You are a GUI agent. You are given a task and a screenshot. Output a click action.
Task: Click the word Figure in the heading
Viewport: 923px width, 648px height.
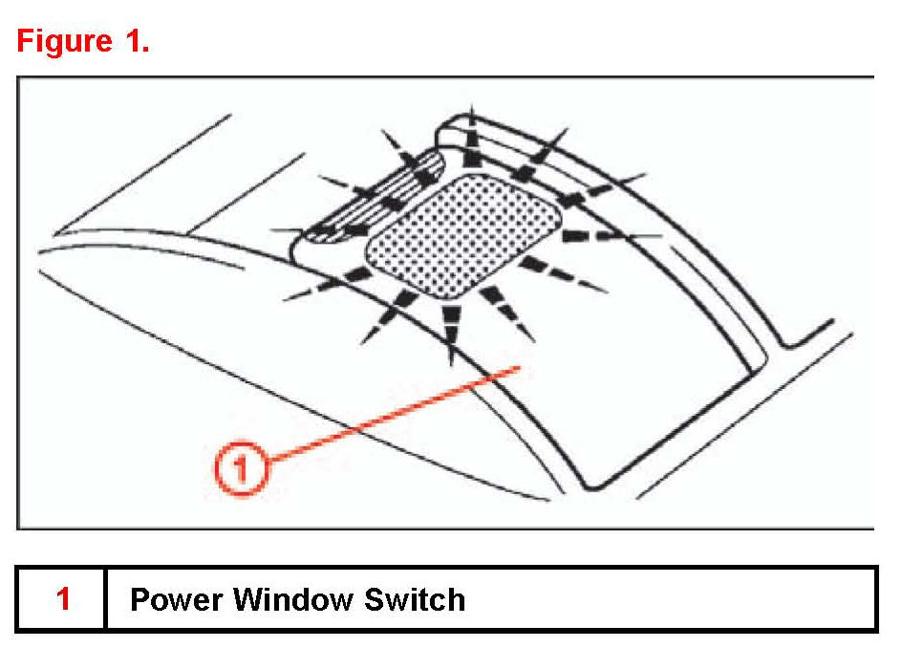pos(63,42)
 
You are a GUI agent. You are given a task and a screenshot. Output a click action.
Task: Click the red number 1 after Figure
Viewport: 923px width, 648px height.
pos(131,41)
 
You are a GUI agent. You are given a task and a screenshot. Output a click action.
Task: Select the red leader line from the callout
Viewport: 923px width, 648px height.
pos(392,418)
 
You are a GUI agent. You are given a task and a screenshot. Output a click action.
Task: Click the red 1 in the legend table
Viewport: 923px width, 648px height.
pos(63,599)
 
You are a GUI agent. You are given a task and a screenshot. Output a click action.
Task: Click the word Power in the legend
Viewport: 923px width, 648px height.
pos(177,599)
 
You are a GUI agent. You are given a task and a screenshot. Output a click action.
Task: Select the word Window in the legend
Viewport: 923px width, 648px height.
pos(295,599)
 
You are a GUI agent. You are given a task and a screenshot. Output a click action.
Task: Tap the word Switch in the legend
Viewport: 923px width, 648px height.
pos(415,599)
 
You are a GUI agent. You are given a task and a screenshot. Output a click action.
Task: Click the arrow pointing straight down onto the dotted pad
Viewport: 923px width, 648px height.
pos(472,143)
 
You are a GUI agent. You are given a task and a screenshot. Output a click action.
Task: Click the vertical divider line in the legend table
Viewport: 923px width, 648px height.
pos(104,599)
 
